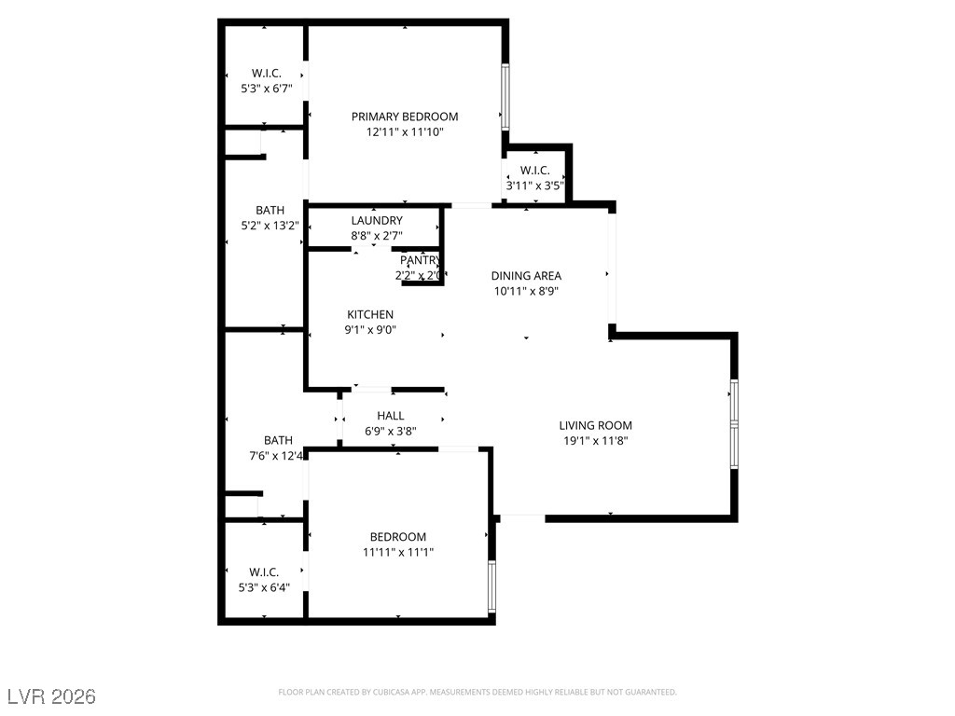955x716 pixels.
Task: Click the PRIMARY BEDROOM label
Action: (405, 117)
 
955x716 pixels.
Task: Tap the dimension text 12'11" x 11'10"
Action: (405, 132)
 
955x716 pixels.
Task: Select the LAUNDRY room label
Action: (377, 220)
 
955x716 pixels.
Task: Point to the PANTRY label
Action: (420, 260)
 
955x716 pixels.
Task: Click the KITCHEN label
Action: (370, 314)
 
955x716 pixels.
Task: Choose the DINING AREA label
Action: (526, 275)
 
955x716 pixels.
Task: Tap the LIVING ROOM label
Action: (595, 425)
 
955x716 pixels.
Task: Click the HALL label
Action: (390, 416)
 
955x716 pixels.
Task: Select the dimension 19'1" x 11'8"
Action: (595, 441)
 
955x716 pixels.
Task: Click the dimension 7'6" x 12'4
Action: (277, 456)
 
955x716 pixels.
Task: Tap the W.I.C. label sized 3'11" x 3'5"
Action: (534, 170)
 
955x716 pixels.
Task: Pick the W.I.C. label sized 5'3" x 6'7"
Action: (267, 74)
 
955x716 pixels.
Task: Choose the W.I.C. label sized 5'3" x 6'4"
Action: (264, 571)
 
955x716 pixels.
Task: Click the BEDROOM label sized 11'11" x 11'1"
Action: (398, 536)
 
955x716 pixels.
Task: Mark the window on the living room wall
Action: (734, 425)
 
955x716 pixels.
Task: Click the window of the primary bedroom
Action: (505, 96)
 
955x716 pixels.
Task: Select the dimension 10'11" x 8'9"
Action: (526, 291)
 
